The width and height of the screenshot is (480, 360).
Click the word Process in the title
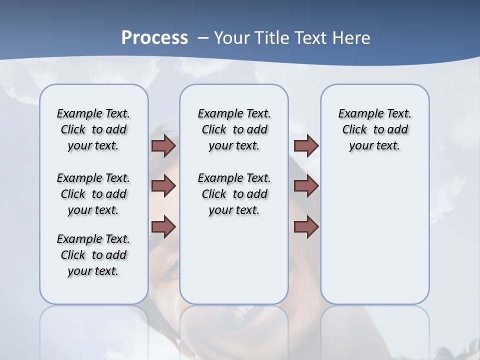[154, 38]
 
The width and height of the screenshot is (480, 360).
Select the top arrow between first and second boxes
[163, 145]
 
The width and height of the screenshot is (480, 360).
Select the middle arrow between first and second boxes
[163, 186]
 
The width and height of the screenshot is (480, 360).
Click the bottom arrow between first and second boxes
[163, 226]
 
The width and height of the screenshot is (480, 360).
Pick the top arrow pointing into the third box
[306, 145]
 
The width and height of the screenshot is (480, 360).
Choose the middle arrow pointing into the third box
[306, 186]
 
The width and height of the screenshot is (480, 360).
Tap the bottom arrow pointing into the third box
[306, 226]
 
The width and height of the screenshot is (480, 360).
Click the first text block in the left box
[93, 129]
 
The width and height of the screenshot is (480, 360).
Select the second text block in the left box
[93, 194]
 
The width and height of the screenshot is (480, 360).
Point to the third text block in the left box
[93, 255]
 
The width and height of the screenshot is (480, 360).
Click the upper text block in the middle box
[234, 129]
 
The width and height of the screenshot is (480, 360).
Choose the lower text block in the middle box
[234, 194]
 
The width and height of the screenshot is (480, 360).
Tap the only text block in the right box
[374, 129]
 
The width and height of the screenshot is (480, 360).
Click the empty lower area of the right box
[374, 240]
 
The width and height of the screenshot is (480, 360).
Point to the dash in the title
[203, 38]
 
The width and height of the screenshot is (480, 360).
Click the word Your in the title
[232, 38]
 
